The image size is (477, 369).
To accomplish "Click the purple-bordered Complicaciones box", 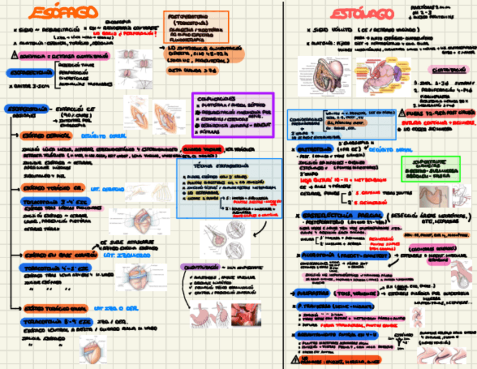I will (232, 115).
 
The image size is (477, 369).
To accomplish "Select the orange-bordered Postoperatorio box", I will (196, 26).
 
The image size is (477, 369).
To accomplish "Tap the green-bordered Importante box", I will (430, 168).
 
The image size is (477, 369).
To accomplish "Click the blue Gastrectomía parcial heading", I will (343, 215).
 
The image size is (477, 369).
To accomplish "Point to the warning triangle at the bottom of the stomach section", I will (295, 359).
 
